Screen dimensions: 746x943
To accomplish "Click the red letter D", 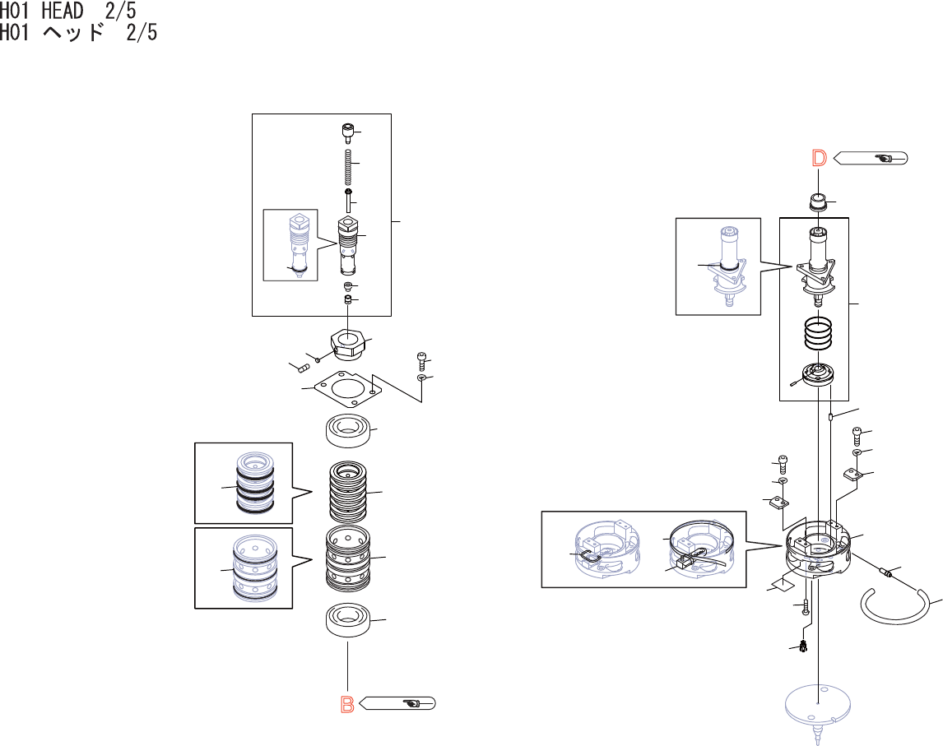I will [x=819, y=158].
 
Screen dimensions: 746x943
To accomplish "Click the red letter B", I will [x=348, y=704].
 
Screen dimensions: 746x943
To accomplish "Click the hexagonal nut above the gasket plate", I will [x=349, y=341].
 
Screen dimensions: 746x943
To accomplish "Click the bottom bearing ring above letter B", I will [x=348, y=619].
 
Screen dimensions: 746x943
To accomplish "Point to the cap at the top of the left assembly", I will [x=349, y=132].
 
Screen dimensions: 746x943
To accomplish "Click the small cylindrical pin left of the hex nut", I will [x=296, y=366].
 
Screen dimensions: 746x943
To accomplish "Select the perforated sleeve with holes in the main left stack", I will [x=349, y=557].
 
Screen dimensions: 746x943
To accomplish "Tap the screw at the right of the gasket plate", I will [x=420, y=360].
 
